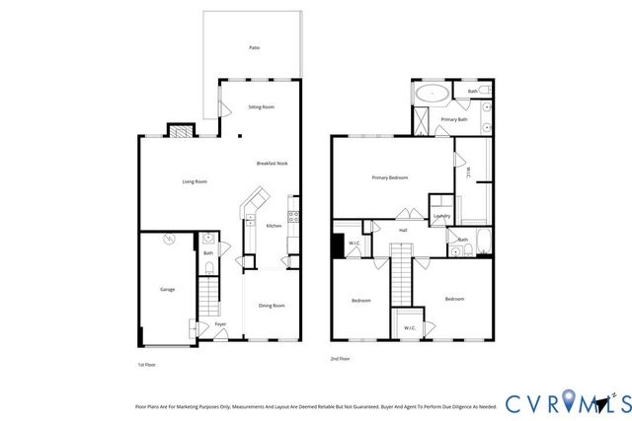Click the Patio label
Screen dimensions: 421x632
(255, 47)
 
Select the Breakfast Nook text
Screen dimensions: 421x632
(272, 164)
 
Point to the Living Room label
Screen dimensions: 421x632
(195, 181)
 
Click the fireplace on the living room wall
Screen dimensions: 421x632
(179, 130)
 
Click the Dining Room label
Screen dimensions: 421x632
(272, 307)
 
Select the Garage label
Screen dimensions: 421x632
(168, 290)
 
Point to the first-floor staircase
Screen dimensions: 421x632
(208, 294)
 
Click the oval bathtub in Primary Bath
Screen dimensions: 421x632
(431, 95)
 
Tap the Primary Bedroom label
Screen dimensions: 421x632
(390, 177)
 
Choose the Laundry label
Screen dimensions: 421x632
(441, 216)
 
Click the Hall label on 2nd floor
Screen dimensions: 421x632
(403, 231)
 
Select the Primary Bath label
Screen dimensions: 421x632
(454, 119)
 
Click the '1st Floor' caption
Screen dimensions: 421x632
(146, 364)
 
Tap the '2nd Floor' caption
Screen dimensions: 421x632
(340, 359)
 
